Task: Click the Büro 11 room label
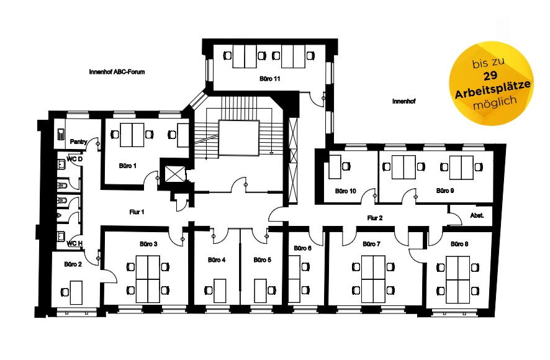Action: coord(270,79)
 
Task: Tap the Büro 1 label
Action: coord(127,166)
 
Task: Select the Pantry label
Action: coord(79,142)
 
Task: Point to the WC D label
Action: coord(74,160)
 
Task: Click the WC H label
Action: coord(74,243)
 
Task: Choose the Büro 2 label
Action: coord(73,264)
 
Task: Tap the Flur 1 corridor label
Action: coord(137,212)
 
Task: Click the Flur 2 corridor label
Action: coord(374,218)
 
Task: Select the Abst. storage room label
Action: coord(477,215)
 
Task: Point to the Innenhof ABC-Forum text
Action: coord(117,72)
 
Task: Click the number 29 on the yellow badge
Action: coord(490,76)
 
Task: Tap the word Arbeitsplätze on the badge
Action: coord(493,90)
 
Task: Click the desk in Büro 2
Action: coord(76,292)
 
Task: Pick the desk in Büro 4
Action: coord(220,290)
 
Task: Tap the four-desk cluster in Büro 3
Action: coord(148,279)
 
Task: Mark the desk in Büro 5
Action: coord(260,290)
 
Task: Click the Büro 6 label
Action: coord(302,248)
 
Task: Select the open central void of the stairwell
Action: coord(239,138)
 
